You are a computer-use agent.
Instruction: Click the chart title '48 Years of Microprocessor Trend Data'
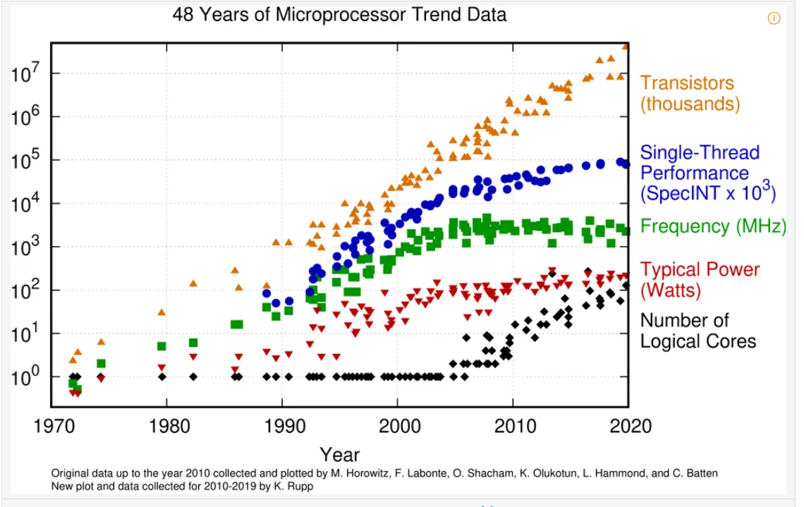339,14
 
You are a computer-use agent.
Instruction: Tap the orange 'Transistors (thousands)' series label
690,93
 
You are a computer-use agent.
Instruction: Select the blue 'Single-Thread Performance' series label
707,173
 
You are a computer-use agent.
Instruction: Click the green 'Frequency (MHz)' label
713,226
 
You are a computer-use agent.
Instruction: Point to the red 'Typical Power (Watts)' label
700,280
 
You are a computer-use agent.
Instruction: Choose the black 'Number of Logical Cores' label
698,331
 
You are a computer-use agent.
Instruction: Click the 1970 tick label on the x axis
54,425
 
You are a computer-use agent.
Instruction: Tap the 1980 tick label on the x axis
169,425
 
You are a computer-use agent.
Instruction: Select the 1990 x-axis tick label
285,425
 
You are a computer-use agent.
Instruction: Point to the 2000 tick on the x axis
400,425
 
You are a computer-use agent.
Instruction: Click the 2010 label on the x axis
516,425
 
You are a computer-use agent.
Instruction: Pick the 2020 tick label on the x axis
631,425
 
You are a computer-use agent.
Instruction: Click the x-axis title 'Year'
339,454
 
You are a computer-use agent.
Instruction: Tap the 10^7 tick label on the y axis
25,73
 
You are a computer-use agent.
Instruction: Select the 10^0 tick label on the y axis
25,377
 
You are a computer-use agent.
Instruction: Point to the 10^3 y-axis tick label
25,246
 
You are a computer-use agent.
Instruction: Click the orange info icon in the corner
774,18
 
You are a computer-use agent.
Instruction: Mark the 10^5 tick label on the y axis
25,159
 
